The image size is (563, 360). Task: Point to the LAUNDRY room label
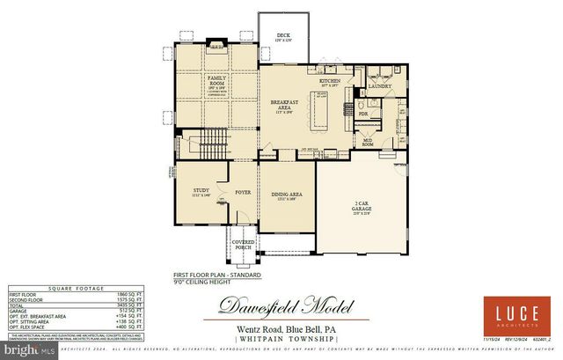point(379,86)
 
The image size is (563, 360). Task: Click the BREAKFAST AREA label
point(283,106)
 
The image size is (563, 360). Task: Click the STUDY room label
point(201,190)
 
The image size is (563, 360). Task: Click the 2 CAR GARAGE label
point(362,206)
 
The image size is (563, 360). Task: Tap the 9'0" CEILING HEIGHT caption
point(202,283)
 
